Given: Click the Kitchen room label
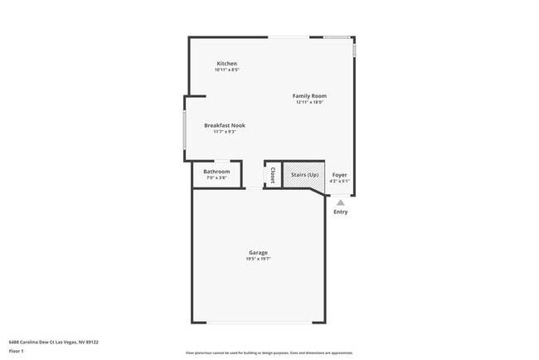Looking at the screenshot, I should [227, 64].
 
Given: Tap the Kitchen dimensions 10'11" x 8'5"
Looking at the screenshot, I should [227, 70].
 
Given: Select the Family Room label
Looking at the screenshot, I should [309, 96].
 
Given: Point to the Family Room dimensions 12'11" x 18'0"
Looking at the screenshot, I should [309, 102].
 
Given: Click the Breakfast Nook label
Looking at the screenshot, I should [225, 125].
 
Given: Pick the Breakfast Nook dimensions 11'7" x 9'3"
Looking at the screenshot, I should [225, 131].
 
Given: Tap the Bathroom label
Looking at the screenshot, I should [216, 172].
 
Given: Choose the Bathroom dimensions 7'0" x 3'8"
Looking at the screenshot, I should [216, 178].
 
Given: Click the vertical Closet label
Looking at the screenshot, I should [273, 175].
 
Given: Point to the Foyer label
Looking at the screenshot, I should [340, 175].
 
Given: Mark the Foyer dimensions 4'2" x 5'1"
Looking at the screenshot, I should [340, 181].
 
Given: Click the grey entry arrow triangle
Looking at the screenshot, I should [341, 202].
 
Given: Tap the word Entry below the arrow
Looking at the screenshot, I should [341, 212].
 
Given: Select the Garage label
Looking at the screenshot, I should [258, 252].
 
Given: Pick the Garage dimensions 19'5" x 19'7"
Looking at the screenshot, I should [258, 259].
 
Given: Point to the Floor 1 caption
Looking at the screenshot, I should [17, 350].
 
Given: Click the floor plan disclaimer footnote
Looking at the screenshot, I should [269, 353].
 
